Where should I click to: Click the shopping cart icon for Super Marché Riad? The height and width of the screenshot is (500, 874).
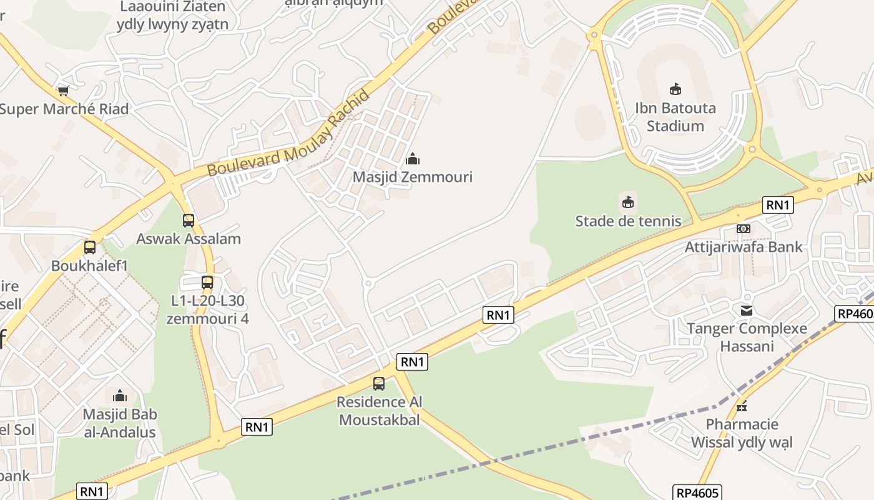[63, 91]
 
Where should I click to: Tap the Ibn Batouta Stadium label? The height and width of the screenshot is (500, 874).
[675, 117]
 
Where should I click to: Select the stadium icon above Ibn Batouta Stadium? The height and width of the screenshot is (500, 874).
[675, 89]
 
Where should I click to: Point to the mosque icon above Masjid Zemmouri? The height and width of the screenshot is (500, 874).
[413, 159]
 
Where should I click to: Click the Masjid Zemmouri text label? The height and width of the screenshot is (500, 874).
[413, 177]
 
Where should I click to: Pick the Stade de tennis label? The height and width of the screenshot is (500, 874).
[628, 221]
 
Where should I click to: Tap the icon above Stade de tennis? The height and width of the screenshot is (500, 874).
[628, 202]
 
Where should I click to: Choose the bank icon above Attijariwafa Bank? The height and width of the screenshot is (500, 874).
[743, 229]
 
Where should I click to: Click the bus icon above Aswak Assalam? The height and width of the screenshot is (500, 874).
[189, 221]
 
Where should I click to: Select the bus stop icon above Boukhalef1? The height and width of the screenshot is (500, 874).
[90, 247]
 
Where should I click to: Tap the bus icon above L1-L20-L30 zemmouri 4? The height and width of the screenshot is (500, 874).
[207, 282]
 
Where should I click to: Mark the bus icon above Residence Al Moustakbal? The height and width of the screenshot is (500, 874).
[379, 384]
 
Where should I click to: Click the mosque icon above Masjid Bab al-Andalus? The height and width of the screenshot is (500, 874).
[120, 396]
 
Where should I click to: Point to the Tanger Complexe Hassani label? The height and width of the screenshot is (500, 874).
[747, 337]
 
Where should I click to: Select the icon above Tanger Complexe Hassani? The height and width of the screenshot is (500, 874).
[747, 310]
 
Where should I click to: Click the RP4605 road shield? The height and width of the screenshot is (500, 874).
[698, 492]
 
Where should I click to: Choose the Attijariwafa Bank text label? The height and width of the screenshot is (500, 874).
[744, 247]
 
